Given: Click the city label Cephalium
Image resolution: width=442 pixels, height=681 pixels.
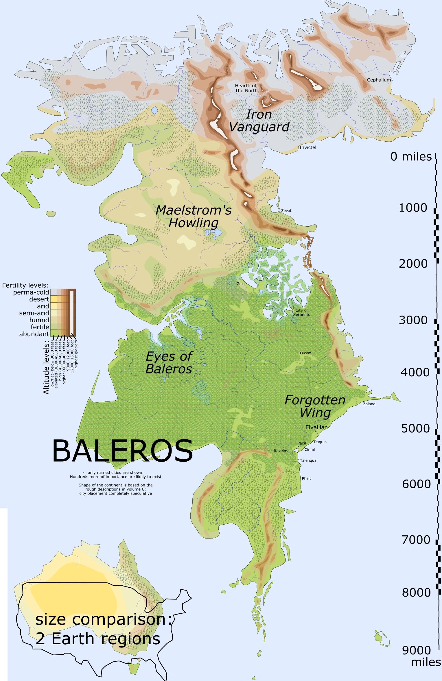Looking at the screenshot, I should [x=379, y=80].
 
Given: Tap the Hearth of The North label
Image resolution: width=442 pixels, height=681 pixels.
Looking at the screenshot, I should [x=246, y=88].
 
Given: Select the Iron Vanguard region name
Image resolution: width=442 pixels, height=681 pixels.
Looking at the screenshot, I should [x=259, y=121].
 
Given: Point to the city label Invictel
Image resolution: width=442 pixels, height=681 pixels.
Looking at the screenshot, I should [x=308, y=147].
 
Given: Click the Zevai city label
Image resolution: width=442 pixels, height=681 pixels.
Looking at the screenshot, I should [x=286, y=211].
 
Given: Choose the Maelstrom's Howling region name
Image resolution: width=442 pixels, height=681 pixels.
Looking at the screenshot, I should [x=194, y=216].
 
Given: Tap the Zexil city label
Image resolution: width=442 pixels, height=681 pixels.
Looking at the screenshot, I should [x=241, y=284].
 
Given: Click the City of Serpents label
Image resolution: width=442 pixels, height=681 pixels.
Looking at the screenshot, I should [x=302, y=312].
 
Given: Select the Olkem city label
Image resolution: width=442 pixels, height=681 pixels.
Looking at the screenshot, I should [x=306, y=353].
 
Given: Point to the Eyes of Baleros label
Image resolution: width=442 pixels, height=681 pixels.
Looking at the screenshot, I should [x=169, y=362].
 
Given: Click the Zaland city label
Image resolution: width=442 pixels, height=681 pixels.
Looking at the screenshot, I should [x=369, y=404].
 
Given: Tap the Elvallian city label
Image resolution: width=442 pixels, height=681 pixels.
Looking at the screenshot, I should [x=316, y=427].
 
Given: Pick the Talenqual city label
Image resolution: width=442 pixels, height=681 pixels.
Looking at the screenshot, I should [x=309, y=460].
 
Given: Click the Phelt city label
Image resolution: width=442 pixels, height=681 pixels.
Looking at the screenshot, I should [x=306, y=478].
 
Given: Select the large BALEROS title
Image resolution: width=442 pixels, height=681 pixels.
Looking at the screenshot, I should [x=122, y=451].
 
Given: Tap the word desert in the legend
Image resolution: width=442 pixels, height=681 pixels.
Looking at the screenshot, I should [x=39, y=299].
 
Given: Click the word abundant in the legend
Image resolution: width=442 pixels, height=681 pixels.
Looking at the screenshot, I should [x=34, y=334].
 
